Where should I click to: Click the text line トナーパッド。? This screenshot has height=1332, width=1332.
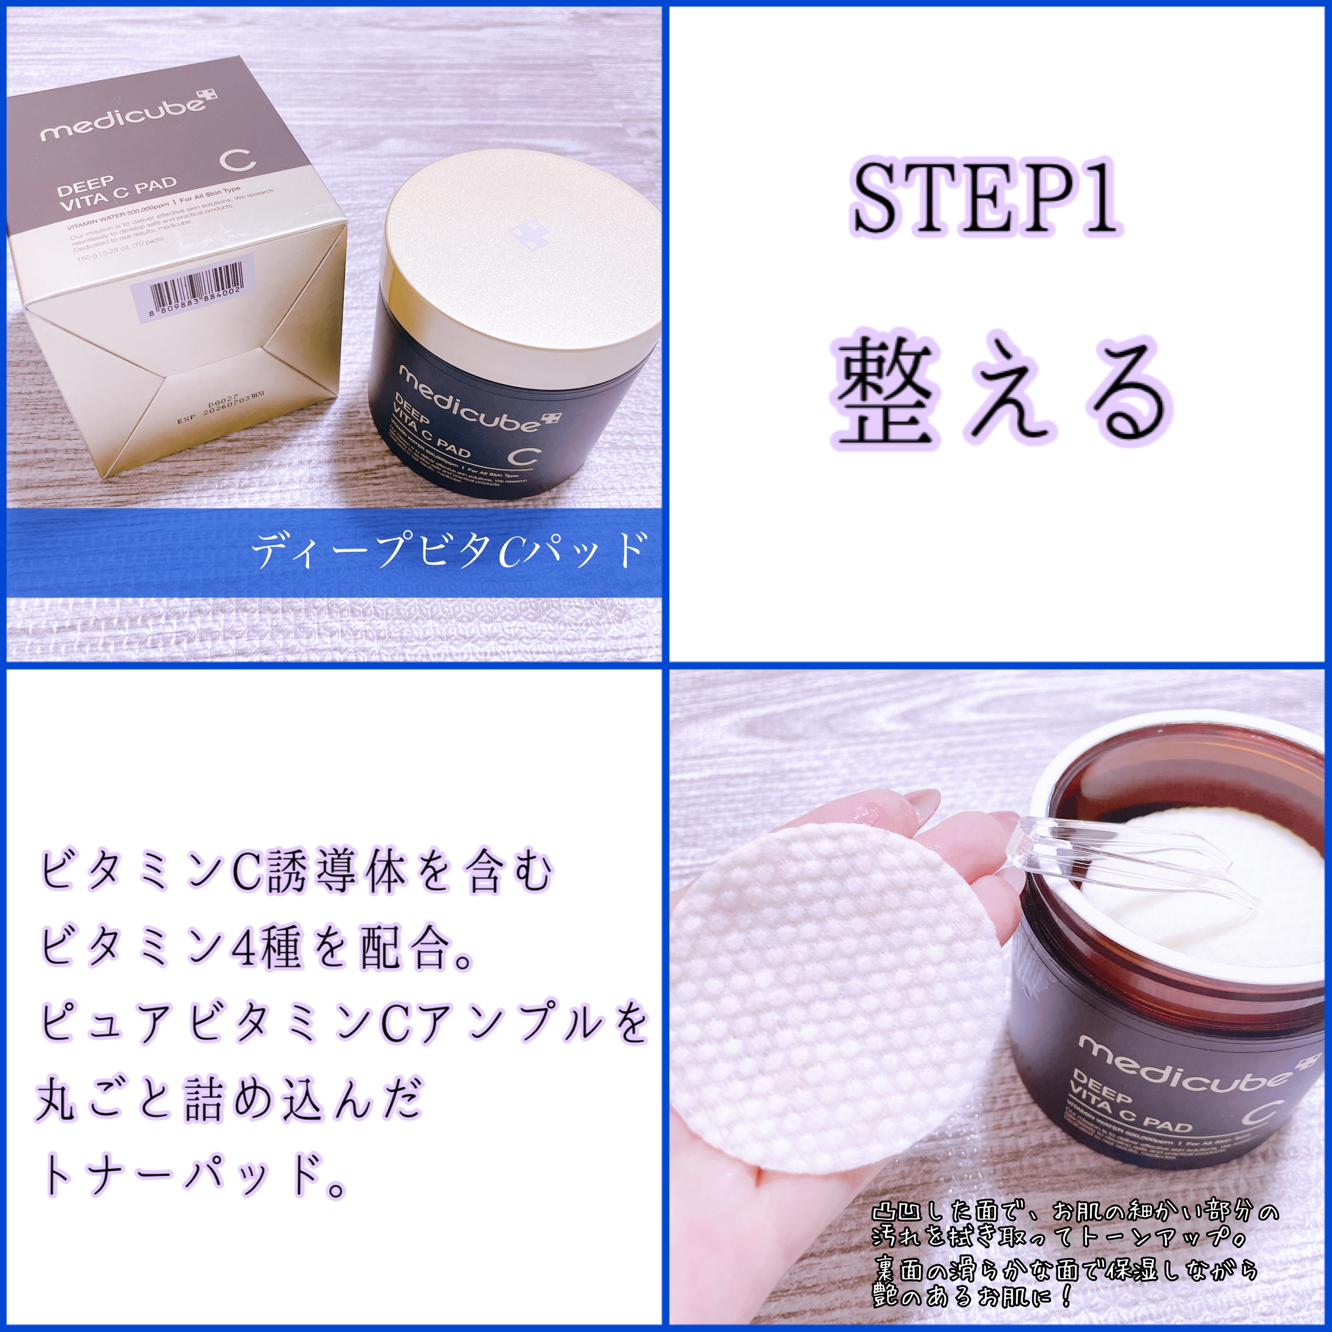[193, 1176]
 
